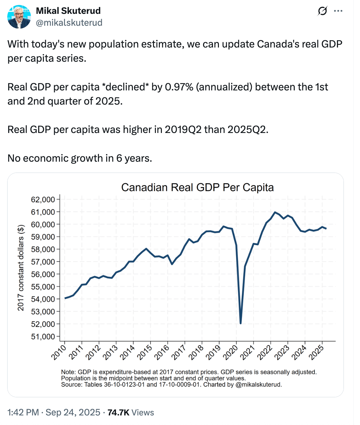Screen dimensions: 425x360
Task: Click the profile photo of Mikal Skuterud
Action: (x=19, y=17)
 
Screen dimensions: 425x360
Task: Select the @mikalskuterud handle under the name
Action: (x=69, y=22)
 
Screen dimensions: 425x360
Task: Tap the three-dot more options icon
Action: (x=338, y=11)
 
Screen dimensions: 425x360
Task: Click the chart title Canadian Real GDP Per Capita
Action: (x=197, y=187)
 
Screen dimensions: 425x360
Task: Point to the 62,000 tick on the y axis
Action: (x=43, y=200)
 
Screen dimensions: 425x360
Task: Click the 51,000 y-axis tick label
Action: (x=43, y=337)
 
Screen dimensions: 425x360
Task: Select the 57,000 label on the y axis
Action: (x=43, y=262)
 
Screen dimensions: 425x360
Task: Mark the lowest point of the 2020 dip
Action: (x=241, y=323)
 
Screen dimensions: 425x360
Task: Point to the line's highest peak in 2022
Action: (x=275, y=212)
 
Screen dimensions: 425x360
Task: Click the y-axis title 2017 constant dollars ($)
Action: (x=21, y=268)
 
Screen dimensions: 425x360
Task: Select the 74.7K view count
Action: (x=118, y=412)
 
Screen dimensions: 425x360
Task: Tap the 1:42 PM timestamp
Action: (x=23, y=412)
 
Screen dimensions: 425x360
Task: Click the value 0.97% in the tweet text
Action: (x=179, y=87)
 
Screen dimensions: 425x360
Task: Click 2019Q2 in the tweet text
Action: (x=183, y=129)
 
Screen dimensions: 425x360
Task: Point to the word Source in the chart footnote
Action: (x=71, y=384)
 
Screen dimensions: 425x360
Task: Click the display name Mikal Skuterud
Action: (x=68, y=11)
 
